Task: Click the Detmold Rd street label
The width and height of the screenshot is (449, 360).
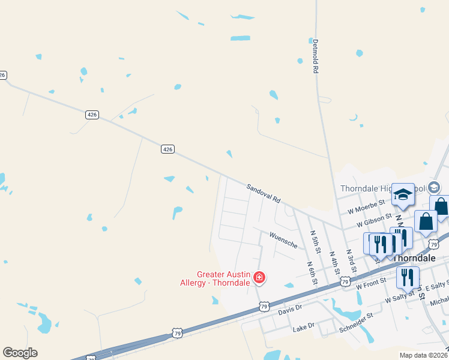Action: (315, 56)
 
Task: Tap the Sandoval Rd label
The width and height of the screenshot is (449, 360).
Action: (264, 193)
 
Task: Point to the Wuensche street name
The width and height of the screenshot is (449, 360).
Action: (283, 240)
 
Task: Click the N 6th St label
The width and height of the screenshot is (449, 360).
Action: (310, 272)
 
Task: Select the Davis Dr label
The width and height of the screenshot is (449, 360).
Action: (289, 312)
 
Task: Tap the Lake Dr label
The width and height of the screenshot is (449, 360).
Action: (303, 326)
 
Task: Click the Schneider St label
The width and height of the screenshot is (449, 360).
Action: (357, 314)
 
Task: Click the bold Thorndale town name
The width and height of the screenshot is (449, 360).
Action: (414, 257)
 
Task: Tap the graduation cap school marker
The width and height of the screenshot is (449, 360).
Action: (403, 194)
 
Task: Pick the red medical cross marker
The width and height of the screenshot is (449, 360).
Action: (259, 277)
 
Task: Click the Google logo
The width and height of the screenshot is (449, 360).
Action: (20, 353)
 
